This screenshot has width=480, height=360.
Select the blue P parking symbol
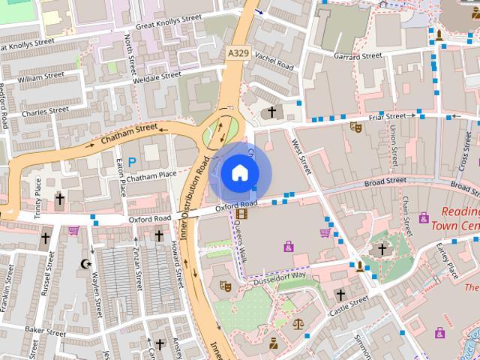coord(133,161)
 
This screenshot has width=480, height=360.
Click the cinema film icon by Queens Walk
coord(241,214)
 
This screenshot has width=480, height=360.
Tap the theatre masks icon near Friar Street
coord(355,127)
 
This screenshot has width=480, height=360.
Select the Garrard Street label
coord(358,56)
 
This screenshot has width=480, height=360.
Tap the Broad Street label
coord(385,181)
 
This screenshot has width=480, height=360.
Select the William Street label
coord(41,76)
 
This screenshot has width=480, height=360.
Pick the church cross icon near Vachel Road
coord(271,112)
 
